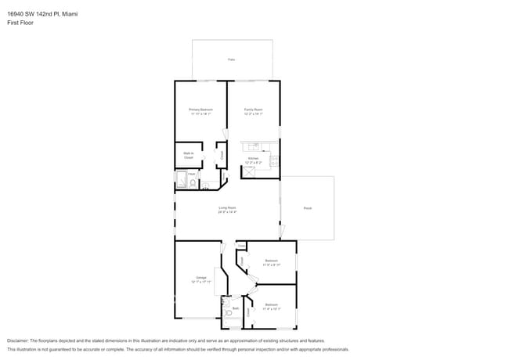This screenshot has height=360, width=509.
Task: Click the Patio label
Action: [231, 59]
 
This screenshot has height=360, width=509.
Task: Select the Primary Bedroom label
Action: [200, 110]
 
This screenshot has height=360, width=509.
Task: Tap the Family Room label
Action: [253, 110]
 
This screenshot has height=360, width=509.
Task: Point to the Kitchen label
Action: [253, 158]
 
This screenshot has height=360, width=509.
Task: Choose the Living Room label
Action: [227, 207]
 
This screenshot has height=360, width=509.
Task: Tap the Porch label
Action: [308, 207]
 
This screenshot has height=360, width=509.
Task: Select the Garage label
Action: [201, 278]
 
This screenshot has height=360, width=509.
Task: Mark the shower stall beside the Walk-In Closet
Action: [182, 181]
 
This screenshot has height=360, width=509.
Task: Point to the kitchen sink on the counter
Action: [254, 146]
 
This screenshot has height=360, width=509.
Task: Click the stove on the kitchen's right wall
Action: [274, 161]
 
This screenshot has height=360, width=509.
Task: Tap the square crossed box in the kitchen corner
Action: [249, 171]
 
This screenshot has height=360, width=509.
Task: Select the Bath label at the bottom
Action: [235, 309]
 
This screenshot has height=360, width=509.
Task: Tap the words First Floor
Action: [20, 23]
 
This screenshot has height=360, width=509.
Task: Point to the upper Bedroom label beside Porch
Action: [271, 260]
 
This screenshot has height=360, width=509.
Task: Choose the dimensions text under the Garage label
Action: [201, 283]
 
